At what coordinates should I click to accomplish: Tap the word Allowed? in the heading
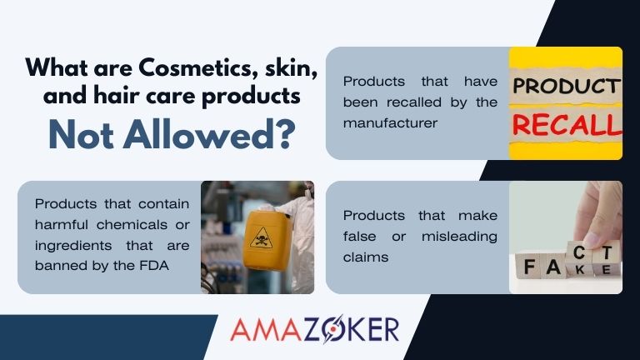coord(224,133)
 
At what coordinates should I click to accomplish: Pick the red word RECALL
coord(567,124)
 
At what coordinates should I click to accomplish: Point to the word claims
coord(363,257)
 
